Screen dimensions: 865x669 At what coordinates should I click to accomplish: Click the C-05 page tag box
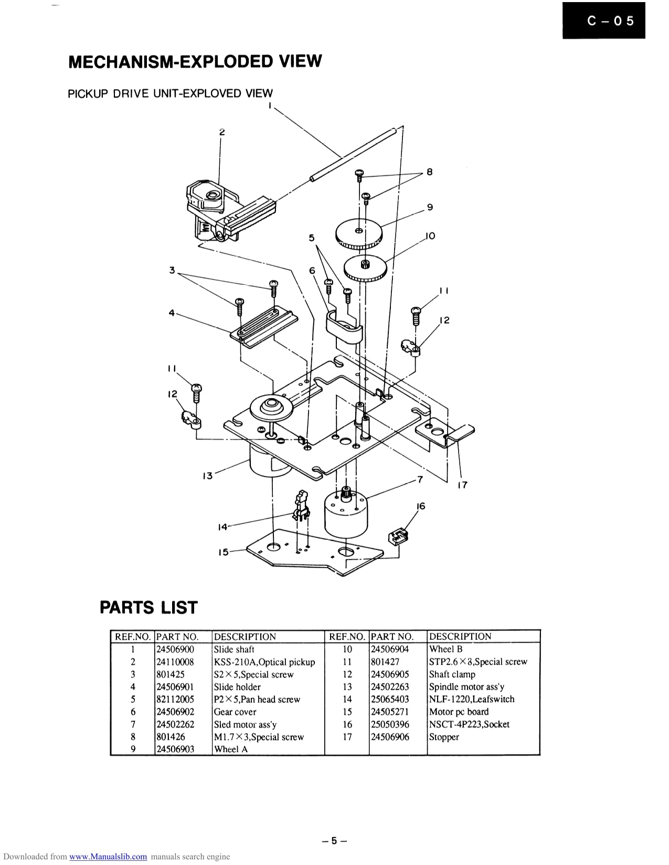click(603, 20)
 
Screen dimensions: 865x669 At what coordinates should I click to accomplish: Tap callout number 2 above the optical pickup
click(222, 132)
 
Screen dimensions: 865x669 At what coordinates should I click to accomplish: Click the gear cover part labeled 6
click(344, 328)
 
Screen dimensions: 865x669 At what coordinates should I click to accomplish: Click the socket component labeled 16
click(398, 537)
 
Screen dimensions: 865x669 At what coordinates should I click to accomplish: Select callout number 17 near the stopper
click(462, 485)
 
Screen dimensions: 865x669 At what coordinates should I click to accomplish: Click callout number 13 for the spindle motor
click(208, 476)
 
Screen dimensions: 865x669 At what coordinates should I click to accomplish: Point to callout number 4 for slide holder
click(172, 313)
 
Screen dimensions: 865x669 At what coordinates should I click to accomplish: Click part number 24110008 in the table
click(175, 662)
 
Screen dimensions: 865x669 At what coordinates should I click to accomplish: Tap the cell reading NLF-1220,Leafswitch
click(471, 699)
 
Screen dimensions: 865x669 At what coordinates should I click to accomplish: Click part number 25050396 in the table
click(389, 724)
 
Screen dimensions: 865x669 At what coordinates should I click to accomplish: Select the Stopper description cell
click(444, 737)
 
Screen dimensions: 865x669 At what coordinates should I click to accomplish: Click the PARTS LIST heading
click(148, 607)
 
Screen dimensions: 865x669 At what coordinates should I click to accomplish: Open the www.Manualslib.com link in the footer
click(108, 857)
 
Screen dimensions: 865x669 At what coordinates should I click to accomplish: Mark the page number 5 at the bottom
click(334, 841)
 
